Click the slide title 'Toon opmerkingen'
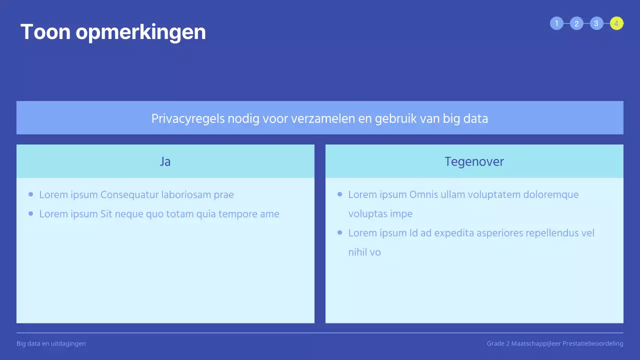click(113, 32)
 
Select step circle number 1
click(556, 23)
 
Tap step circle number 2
click(576, 23)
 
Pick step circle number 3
click(596, 23)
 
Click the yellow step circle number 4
click(616, 23)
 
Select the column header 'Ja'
click(165, 161)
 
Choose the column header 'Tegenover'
click(474, 161)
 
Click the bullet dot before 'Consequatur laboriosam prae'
click(31, 194)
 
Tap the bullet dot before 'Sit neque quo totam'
click(31, 213)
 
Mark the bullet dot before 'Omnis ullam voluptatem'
click(340, 194)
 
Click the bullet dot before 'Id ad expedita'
click(340, 232)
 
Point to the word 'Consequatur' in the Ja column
click(129, 195)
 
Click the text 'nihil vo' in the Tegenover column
click(364, 252)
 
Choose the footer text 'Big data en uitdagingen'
click(51, 343)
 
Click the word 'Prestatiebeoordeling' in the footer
click(592, 343)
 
